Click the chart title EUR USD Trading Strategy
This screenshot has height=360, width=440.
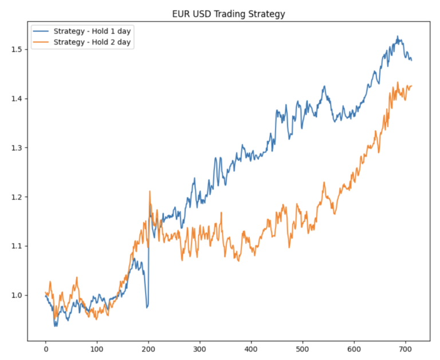click(229, 13)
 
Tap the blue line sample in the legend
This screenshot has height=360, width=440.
click(41, 31)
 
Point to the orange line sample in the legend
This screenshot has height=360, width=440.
click(41, 42)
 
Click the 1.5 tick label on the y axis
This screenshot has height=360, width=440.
click(17, 50)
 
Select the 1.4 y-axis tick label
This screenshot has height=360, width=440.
click(17, 99)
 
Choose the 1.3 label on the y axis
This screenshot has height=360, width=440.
click(17, 148)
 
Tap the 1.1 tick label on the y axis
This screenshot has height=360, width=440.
click(17, 246)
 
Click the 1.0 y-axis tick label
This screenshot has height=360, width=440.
click(17, 295)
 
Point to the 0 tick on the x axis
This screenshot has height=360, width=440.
click(46, 347)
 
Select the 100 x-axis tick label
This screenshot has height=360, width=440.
click(97, 347)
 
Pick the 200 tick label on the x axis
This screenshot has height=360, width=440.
click(148, 347)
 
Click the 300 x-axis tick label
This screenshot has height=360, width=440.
click(200, 347)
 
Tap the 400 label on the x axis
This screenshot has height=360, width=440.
click(251, 347)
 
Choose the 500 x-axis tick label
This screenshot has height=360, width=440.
click(302, 347)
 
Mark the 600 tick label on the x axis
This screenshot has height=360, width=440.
click(354, 347)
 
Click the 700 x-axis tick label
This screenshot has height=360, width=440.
click(405, 347)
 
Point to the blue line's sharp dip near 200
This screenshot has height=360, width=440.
click(147, 306)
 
